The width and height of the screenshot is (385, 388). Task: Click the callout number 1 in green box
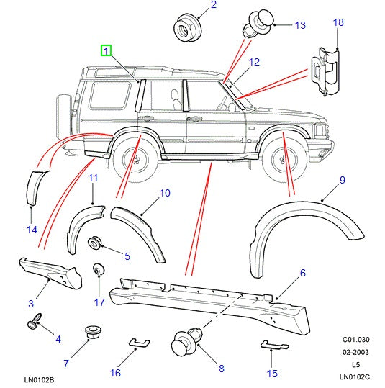107,51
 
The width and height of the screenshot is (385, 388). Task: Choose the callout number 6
303,272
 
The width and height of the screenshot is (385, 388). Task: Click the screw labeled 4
35,324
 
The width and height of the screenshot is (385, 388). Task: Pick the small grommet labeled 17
98,270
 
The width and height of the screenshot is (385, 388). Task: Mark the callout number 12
253,63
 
